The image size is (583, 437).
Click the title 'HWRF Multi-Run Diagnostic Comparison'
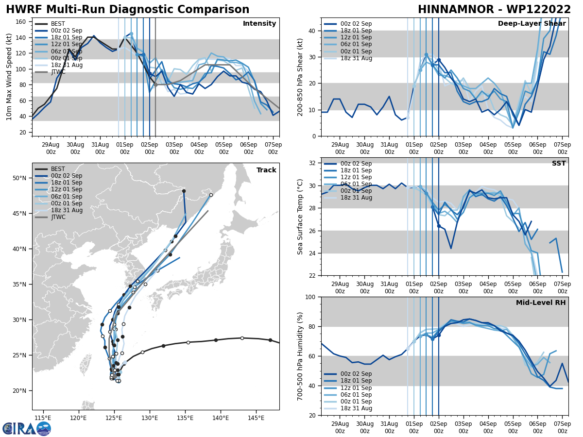(127, 10)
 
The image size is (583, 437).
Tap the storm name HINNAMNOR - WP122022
(494, 10)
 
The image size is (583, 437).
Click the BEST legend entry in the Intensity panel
(57, 24)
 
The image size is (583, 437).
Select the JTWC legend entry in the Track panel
(58, 217)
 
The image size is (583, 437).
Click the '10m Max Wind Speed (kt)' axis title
(9, 77)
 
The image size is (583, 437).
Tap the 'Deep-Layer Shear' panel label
(532, 24)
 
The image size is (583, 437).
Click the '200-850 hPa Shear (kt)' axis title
(300, 77)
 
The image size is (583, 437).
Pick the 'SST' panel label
(559, 164)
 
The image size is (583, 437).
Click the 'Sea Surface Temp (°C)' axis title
(300, 217)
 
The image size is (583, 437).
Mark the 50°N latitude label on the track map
(19, 178)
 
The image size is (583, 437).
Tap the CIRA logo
(27, 428)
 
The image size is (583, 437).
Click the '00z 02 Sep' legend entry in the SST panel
(356, 164)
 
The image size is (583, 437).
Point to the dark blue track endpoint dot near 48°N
(184, 191)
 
